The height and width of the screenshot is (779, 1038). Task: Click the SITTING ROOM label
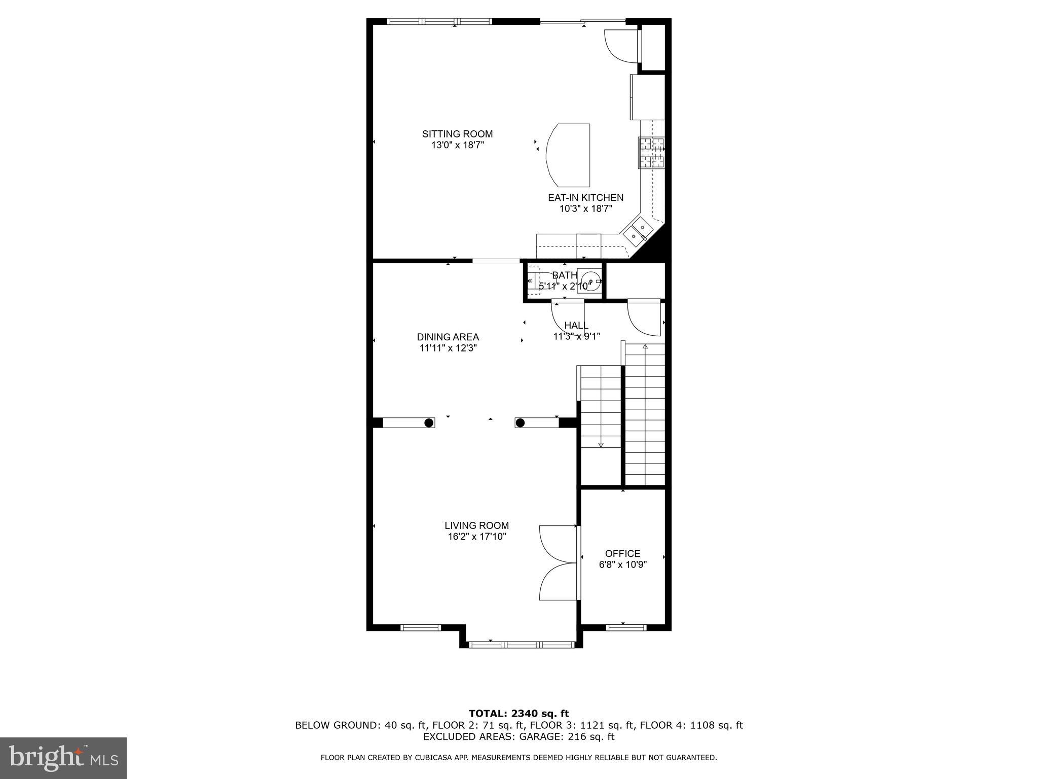(x=457, y=134)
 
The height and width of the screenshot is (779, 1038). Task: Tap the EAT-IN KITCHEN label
(x=585, y=198)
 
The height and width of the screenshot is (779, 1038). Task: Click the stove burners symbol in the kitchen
(x=651, y=153)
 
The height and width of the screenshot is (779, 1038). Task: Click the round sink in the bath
(x=589, y=280)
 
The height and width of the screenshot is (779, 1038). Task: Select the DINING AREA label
(x=448, y=337)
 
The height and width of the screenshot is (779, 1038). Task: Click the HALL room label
(x=576, y=325)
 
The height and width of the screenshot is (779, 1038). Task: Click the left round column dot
(x=429, y=422)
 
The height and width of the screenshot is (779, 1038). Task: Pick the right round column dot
(x=521, y=422)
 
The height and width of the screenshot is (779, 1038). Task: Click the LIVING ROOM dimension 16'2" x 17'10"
(x=477, y=537)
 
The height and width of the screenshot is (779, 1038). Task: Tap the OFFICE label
(x=622, y=553)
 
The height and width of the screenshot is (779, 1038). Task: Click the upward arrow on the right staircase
(x=645, y=347)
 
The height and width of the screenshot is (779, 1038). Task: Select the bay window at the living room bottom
(x=522, y=645)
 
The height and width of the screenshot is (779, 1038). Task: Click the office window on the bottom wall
(x=626, y=627)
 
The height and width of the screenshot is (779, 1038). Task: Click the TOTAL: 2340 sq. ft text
(x=518, y=714)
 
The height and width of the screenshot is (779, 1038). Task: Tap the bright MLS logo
(x=63, y=758)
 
